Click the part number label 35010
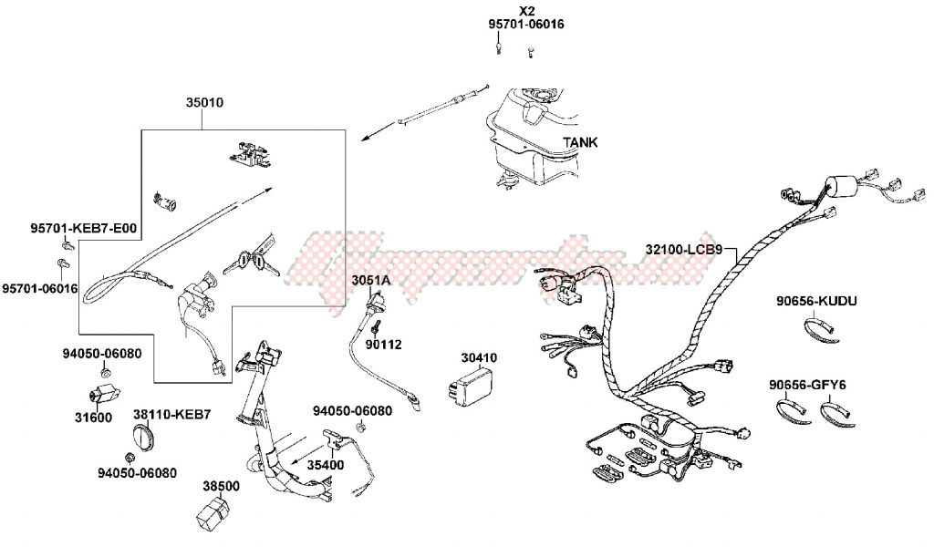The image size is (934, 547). tap(204, 103)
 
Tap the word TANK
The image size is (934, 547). tap(580, 142)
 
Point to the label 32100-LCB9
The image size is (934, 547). tap(683, 249)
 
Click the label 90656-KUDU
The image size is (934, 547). tap(816, 301)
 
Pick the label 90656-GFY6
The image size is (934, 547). tap(806, 385)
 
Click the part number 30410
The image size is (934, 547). tap(479, 358)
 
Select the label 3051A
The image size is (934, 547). tap(371, 280)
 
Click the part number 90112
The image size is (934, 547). tap(383, 345)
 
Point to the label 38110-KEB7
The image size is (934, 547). tap(172, 414)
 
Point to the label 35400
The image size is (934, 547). tap(325, 464)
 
